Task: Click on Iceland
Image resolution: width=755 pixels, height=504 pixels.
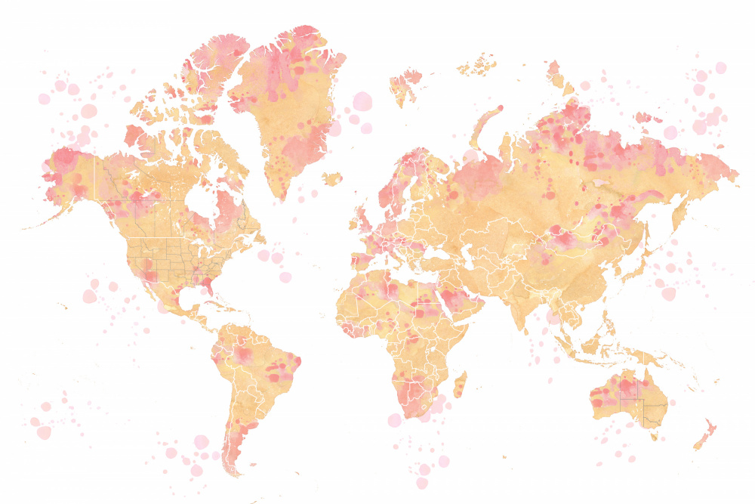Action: (331, 178)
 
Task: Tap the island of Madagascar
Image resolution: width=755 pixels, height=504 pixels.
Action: (459, 385)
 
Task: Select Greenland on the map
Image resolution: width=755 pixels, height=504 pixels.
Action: (291, 106)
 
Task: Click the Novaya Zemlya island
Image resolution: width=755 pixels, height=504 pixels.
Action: (487, 125)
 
